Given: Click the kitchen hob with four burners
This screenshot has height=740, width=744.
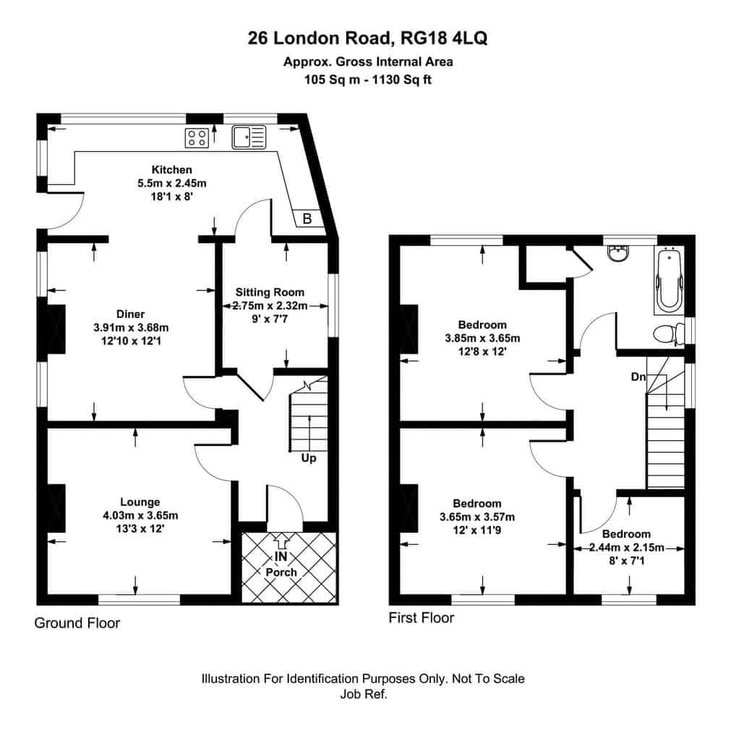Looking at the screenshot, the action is coord(197,137).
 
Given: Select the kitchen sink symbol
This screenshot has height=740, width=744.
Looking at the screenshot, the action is coord(249,137).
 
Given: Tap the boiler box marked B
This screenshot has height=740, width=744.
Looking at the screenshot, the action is coord(307,218).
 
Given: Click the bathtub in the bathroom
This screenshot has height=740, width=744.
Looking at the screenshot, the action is coord(669,280).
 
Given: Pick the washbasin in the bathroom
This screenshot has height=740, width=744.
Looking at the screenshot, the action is coord(619,253).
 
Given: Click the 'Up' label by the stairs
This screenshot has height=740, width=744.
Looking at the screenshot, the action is coord(309,458).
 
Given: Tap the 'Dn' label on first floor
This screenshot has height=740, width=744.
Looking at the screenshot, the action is coord(638,377).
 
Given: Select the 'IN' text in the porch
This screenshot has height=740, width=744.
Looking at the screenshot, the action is coord(281,556).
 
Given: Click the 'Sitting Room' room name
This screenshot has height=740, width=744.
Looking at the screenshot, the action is coord(270,292).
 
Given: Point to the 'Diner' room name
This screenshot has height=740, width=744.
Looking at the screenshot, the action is coord(130,314).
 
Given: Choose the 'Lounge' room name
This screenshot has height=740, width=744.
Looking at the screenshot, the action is coord(140,502).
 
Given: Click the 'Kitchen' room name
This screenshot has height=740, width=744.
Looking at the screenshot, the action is coord(172,170).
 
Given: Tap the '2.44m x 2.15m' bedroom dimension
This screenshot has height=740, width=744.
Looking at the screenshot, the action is coord(626,547).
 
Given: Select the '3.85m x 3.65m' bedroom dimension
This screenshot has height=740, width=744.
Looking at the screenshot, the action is coord(482,338).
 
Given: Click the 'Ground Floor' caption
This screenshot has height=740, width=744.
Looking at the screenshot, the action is coord(77,623).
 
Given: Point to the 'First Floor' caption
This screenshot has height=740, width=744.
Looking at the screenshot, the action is coord(421,618).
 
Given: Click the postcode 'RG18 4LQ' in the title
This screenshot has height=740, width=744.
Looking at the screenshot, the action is coord(444,38).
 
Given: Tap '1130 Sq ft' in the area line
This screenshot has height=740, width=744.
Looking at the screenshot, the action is coord(401,79).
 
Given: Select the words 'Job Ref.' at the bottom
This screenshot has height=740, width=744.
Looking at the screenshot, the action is coord(364,694).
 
